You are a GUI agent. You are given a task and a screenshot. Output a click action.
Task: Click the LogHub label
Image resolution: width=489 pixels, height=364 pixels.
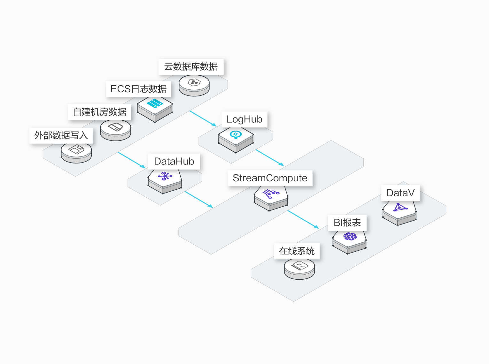tap(244, 119)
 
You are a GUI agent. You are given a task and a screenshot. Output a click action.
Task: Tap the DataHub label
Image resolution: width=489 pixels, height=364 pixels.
tap(174, 162)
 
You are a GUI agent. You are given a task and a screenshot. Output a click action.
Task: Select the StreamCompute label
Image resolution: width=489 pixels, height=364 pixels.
tap(270, 178)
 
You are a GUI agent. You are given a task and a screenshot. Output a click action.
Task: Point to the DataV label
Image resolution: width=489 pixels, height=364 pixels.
tap(400, 193)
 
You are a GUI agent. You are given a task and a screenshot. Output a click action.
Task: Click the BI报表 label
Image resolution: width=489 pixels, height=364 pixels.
tap(347, 223)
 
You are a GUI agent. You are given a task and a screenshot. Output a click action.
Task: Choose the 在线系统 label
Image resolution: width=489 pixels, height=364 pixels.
tap(297, 251)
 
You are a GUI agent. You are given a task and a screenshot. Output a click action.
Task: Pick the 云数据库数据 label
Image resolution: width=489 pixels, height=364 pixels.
tap(191, 67)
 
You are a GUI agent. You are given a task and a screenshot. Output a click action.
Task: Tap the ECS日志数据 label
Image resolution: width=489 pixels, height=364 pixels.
tap(138, 89)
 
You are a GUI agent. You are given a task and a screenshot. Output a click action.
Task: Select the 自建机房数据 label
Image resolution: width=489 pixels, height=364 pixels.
tap(99, 112)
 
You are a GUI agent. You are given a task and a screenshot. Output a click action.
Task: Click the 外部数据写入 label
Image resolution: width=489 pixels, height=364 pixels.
tap(61, 135)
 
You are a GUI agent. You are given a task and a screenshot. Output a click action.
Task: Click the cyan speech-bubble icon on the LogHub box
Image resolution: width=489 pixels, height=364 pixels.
tap(236, 134)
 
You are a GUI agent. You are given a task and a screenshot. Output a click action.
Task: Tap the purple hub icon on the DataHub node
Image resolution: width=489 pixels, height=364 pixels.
tap(165, 176)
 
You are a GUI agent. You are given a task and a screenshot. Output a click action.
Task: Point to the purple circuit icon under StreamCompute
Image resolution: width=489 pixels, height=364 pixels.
tap(271, 194)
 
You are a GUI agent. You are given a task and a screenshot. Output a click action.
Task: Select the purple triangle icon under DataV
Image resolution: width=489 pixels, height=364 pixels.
tap(400, 207)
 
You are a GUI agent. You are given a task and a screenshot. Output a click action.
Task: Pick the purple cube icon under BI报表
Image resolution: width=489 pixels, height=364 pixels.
tap(350, 236)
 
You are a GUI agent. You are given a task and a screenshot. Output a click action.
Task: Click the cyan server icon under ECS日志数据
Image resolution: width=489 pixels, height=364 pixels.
tap(155, 103)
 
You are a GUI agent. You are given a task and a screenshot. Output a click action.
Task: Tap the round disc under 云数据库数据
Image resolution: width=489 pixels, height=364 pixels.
tap(194, 86)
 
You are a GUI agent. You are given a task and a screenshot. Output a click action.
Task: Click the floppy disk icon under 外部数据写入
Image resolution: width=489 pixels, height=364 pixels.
tap(76, 149)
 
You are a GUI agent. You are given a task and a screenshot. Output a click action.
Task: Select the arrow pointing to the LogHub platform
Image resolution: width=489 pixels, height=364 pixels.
tap(203, 118)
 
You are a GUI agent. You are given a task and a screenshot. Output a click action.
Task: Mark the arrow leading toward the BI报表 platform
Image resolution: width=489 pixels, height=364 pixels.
tap(303, 219)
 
